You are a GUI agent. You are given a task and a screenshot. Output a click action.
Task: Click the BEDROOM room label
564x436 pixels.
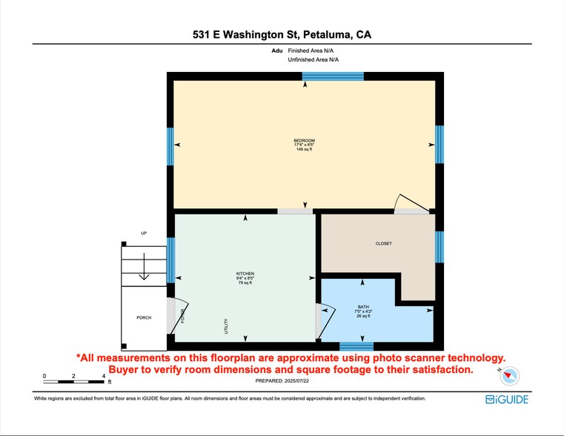click(304, 141)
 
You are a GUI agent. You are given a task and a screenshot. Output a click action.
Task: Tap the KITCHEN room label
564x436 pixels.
click(245, 274)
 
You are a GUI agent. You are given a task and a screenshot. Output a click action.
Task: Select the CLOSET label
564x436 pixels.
click(383, 243)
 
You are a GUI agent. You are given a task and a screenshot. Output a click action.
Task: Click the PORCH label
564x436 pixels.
click(144, 317)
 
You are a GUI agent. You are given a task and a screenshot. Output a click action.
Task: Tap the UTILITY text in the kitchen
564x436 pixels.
click(226, 326)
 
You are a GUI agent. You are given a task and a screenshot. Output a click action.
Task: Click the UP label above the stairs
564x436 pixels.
click(144, 234)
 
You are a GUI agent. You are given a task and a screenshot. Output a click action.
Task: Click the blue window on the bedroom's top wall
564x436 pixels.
click(333, 76)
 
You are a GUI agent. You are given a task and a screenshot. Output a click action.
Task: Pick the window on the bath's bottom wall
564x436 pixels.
click(356, 346)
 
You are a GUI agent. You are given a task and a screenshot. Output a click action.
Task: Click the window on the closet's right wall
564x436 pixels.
click(439, 247)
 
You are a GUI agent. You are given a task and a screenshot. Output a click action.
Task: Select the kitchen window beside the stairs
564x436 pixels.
click(170, 260)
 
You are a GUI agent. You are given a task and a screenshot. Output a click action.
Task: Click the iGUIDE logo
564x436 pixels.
click(507, 399)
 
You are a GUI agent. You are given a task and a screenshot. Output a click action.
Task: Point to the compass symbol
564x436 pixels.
click(509, 376)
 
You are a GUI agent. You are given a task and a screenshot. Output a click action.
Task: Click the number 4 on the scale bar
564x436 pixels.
click(103, 376)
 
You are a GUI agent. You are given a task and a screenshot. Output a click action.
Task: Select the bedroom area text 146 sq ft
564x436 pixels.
click(304, 150)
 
